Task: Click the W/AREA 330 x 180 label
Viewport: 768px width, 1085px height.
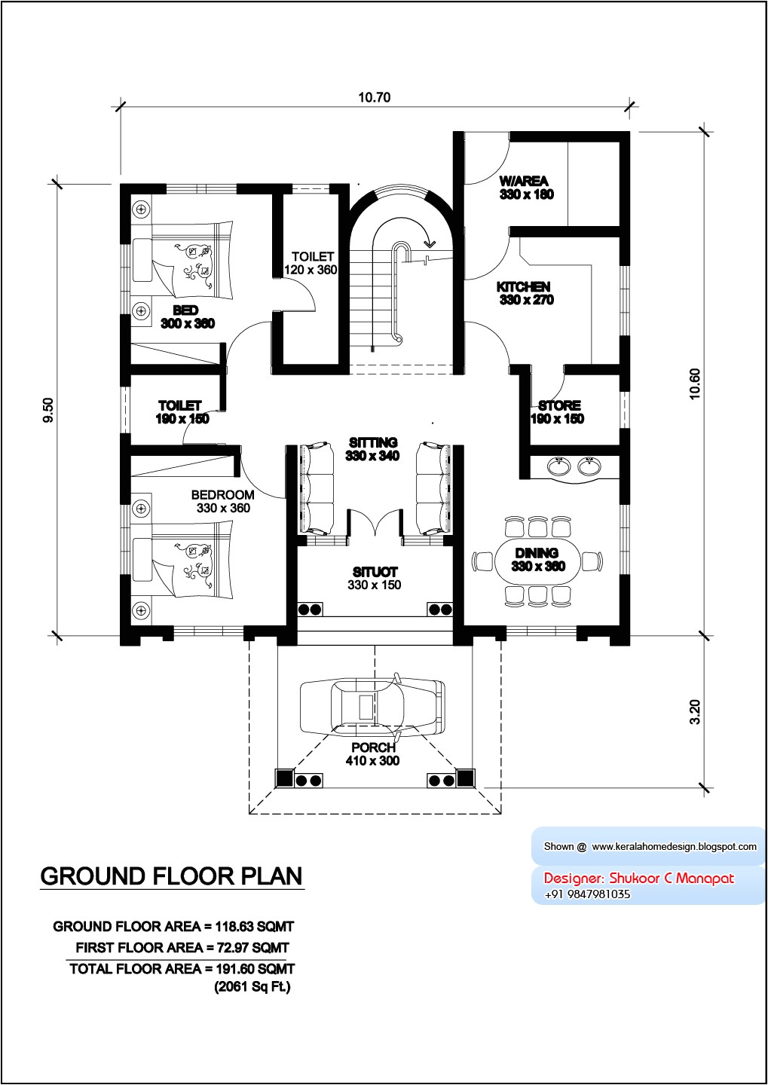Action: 525,188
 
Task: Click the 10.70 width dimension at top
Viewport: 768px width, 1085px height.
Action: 374,97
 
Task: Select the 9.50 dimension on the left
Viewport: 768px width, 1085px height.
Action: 48,410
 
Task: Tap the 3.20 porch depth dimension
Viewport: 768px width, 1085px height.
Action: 695,712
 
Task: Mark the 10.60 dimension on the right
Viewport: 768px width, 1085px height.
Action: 695,384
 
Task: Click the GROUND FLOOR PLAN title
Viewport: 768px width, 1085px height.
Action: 172,876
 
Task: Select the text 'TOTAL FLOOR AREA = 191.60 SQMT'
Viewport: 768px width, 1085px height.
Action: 182,969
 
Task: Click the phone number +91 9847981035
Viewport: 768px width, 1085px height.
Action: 587,894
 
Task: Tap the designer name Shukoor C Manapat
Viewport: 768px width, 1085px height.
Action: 671,878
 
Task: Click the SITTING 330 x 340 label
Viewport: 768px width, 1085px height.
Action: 372,449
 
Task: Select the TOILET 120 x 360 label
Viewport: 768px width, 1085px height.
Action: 311,263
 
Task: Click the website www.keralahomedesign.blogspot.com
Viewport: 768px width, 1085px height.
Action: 674,846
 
